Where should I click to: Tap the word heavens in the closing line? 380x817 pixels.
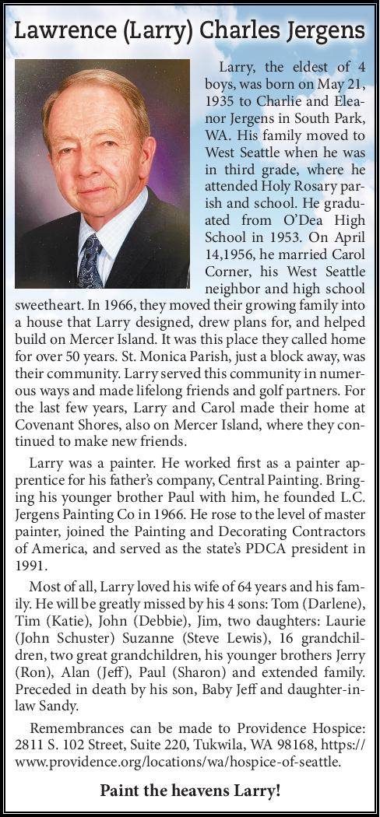tap(198, 792)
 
